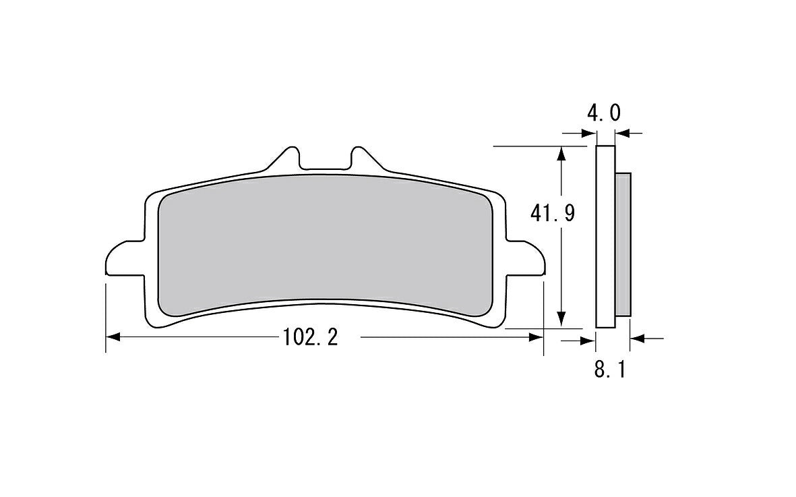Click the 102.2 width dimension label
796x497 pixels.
click(310, 338)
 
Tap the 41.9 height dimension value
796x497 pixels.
click(552, 213)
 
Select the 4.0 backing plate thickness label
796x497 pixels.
click(604, 113)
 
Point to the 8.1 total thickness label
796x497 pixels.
click(611, 370)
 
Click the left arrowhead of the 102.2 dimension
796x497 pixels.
click(113, 337)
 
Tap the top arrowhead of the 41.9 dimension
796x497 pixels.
click(561, 154)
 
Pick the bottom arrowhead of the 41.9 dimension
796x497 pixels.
click(561, 320)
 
